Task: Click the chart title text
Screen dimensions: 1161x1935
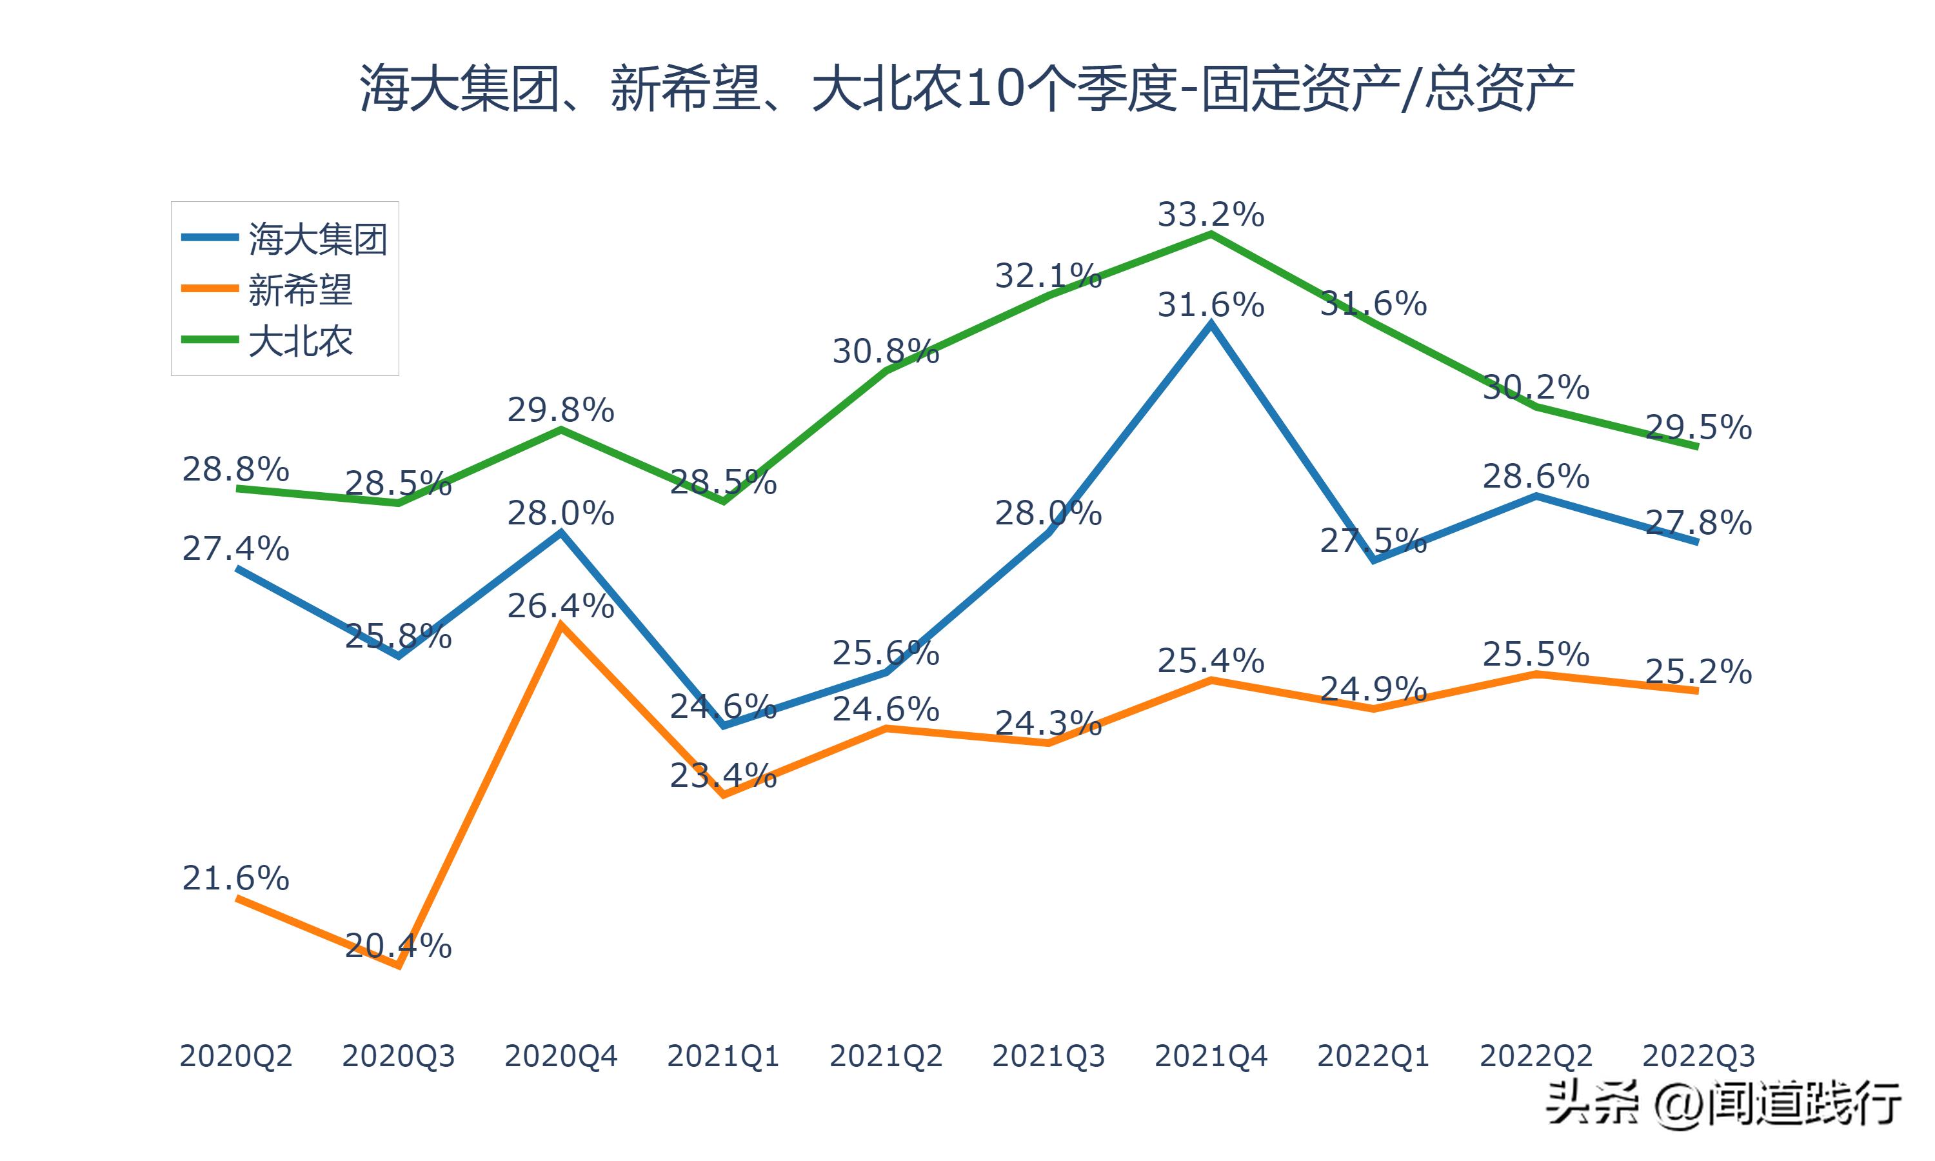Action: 967,89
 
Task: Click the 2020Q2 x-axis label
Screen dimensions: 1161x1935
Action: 235,1056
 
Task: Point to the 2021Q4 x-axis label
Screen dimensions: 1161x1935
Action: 1211,1056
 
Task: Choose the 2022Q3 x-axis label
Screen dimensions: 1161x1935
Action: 1698,1056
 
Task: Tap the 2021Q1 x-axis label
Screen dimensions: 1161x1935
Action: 724,1056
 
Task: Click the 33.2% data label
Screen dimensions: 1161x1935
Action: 1211,214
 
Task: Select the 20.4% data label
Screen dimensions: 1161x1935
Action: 398,946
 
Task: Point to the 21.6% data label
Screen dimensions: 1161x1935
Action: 235,878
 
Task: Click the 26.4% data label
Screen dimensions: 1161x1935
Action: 561,606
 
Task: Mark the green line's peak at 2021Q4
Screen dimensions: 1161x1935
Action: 1211,234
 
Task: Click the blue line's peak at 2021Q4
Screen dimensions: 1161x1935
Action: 1211,324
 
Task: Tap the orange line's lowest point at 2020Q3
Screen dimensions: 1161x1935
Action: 399,966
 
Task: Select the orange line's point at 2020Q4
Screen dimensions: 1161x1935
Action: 561,625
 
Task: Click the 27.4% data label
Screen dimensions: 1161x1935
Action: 235,548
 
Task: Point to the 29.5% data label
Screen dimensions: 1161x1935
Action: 1698,427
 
